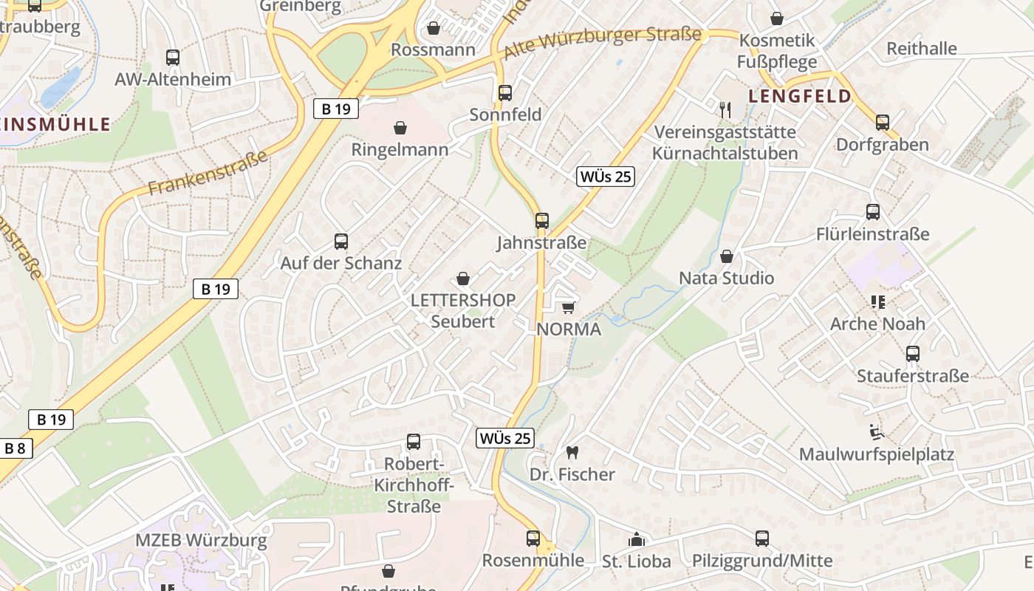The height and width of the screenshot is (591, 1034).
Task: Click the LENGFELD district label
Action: point(800,96)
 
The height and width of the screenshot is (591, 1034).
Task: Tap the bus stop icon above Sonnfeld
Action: point(505,93)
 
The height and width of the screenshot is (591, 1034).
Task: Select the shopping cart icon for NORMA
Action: point(568,307)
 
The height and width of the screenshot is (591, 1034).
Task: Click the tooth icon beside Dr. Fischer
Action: point(572,452)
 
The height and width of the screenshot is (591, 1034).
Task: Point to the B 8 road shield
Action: point(15,448)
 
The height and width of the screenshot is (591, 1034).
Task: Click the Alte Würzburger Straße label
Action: point(602,44)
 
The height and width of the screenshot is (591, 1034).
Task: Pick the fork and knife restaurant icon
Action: point(725,110)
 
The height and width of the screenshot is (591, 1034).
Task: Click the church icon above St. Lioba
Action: point(636,539)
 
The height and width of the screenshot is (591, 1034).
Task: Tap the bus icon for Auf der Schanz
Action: point(341,241)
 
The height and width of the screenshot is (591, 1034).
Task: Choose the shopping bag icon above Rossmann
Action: point(434,28)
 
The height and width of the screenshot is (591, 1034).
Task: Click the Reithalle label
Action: point(921,49)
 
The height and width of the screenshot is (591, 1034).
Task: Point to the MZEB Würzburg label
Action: point(201,540)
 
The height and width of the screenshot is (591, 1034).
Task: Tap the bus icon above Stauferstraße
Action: point(913,354)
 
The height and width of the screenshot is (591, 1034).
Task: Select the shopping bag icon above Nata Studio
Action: point(727,256)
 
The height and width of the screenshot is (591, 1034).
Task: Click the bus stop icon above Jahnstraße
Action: point(542,220)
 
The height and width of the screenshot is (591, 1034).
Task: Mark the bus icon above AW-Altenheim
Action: point(173,57)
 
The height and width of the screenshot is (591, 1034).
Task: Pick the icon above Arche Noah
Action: point(877,301)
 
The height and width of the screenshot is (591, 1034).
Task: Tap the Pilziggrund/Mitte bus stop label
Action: point(762,561)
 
